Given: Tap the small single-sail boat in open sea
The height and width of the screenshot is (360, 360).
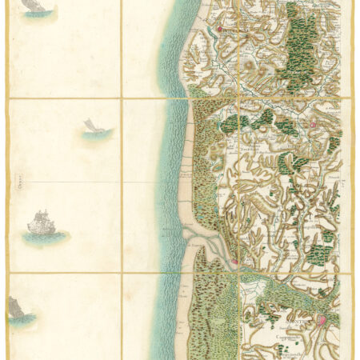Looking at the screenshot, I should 90,126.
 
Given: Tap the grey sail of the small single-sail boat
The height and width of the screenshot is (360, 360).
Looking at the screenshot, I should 90,124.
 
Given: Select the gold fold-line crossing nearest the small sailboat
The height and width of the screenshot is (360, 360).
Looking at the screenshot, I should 122,98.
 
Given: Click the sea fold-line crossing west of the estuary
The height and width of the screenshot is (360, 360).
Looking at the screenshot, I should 122,273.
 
